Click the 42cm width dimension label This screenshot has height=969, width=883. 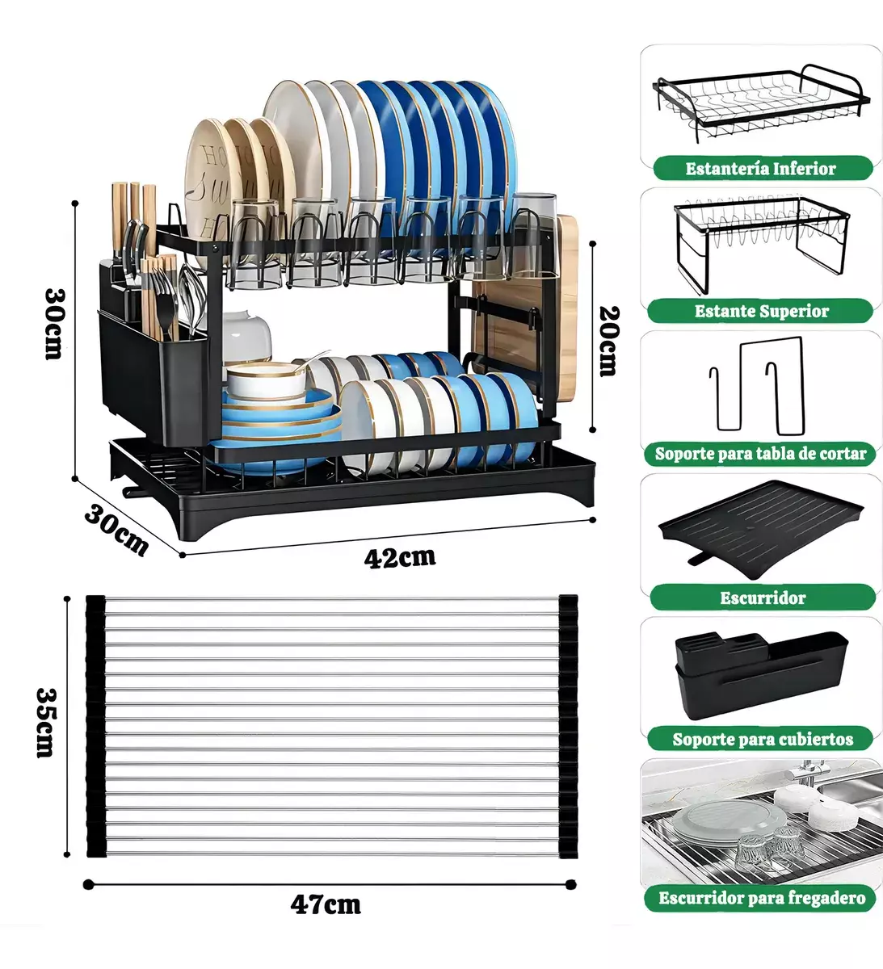[399, 557]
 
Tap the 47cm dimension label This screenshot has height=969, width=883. [326, 904]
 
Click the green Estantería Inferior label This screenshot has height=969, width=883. [760, 169]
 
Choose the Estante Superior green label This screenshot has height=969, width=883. [761, 312]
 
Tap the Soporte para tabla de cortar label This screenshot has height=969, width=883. [760, 454]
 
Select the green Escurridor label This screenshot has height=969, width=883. [762, 598]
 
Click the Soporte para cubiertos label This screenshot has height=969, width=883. [762, 739]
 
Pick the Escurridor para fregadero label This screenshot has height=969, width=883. [761, 898]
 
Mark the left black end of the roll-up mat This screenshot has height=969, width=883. [95, 725]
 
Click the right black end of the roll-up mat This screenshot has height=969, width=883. [568, 725]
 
